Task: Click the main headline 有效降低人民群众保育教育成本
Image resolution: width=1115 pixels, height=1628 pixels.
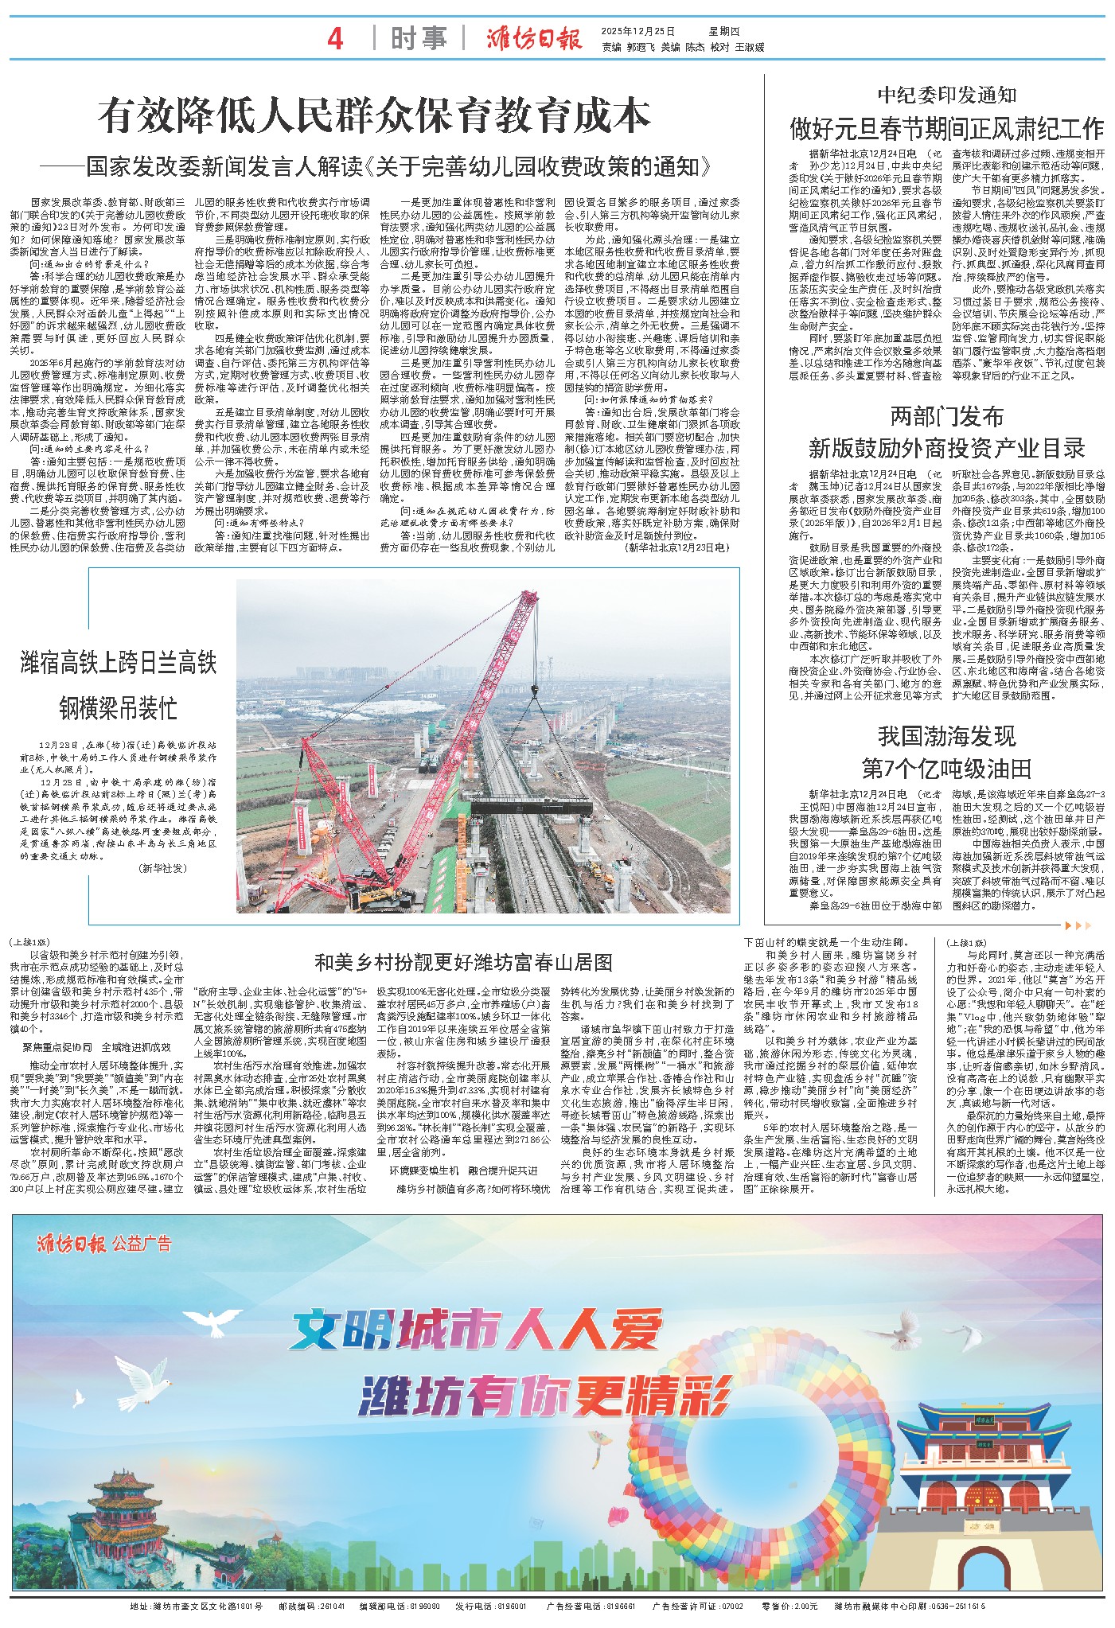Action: (374, 116)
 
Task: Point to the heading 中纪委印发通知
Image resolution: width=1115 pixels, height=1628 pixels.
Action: (946, 95)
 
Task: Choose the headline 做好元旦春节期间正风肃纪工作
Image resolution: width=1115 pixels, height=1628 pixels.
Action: (946, 128)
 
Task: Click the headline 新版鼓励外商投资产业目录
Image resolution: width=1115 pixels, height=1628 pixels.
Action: (946, 448)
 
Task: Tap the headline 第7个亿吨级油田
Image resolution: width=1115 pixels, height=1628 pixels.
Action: (946, 769)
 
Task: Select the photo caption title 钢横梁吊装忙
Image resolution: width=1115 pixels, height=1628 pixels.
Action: (118, 708)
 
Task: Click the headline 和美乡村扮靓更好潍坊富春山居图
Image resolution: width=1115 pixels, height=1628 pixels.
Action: (463, 963)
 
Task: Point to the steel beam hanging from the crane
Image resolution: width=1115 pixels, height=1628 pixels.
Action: (530, 804)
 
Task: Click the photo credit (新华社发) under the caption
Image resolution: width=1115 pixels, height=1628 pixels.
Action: (162, 867)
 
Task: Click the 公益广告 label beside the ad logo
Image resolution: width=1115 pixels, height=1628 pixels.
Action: (142, 1244)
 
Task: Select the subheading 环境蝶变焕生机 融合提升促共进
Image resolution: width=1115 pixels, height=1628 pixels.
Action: (462, 1170)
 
